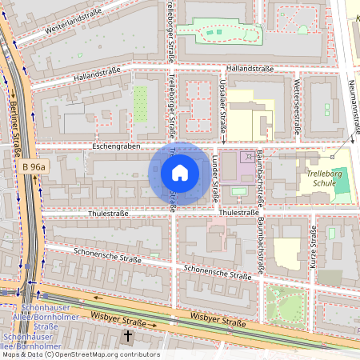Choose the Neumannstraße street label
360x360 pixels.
pyautogui.click(x=353, y=108)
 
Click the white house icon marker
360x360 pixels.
pyautogui.click(x=180, y=172)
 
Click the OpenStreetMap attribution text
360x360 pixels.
pyautogui.click(x=80, y=354)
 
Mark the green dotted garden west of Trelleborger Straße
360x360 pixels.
pyautogui.click(x=141, y=104)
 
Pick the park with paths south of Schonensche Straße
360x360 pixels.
pyautogui.click(x=285, y=305)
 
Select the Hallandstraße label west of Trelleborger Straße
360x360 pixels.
pyautogui.click(x=95, y=74)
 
